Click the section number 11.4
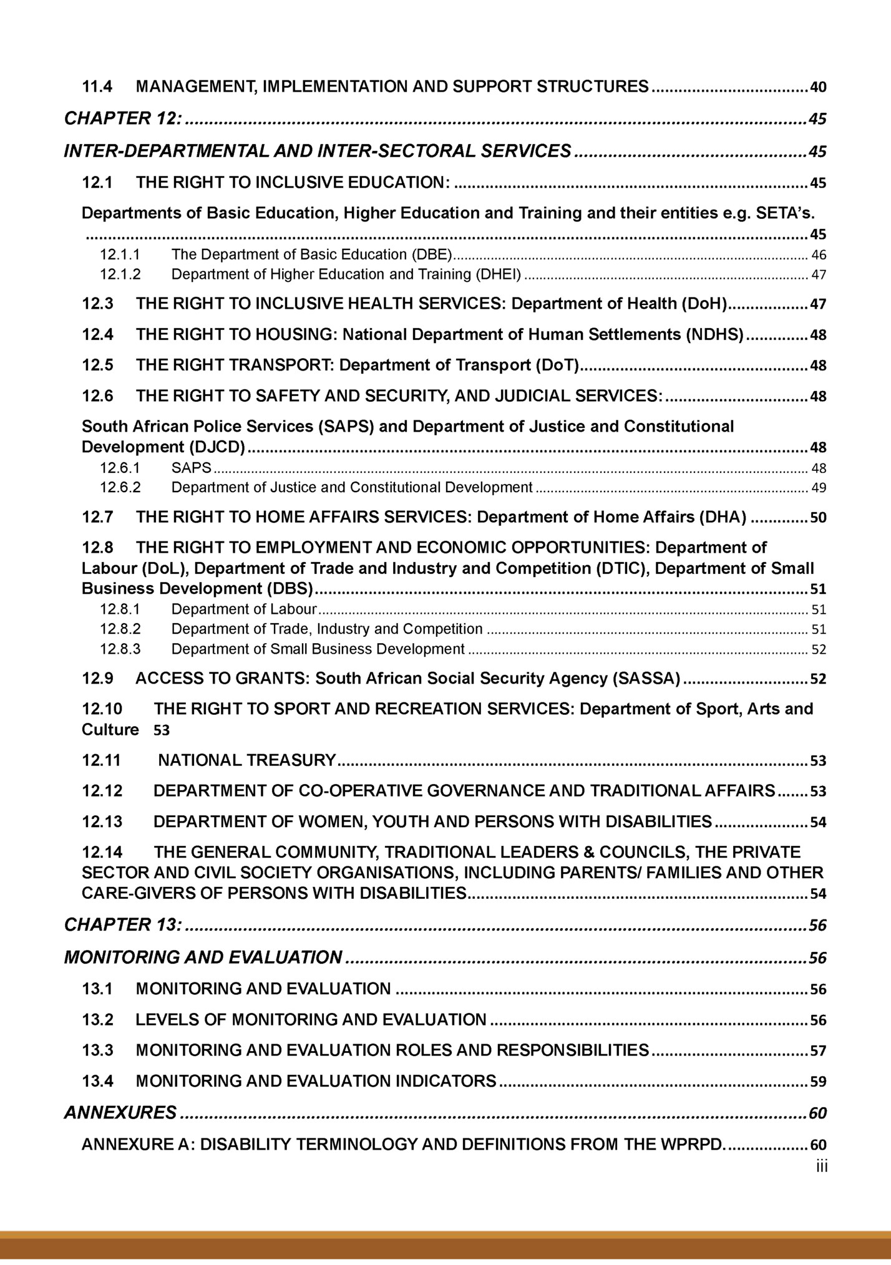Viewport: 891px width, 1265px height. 97,87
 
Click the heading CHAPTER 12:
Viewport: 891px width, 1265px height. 124,118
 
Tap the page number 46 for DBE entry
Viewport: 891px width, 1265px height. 819,255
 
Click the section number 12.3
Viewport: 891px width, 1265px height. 97,304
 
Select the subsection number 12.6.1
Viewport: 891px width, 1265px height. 120,468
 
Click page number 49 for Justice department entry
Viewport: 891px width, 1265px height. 819,488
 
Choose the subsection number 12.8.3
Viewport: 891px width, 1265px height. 120,649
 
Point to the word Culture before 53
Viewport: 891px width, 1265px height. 110,730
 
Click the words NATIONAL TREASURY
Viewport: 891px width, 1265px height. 247,760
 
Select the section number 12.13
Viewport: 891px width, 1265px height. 102,822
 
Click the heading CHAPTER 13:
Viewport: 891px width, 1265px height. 124,924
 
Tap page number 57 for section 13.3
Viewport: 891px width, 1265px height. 818,1051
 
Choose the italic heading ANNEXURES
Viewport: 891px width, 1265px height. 120,1113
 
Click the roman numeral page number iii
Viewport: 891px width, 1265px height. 821,1166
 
